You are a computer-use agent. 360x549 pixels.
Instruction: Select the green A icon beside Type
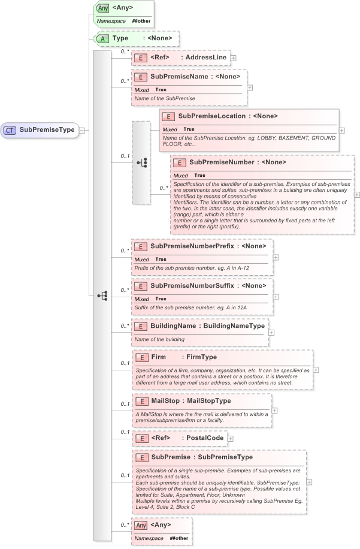(x=102, y=38)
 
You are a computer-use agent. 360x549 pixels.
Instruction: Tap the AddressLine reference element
(x=180, y=58)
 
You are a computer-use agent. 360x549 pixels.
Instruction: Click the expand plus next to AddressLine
(x=233, y=58)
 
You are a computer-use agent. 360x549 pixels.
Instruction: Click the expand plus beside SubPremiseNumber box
(x=357, y=194)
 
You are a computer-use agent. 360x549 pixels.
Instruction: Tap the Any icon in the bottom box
(x=141, y=526)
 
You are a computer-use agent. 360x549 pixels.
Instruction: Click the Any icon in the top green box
(x=102, y=8)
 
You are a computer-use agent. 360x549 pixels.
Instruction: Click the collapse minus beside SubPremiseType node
(x=82, y=129)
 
